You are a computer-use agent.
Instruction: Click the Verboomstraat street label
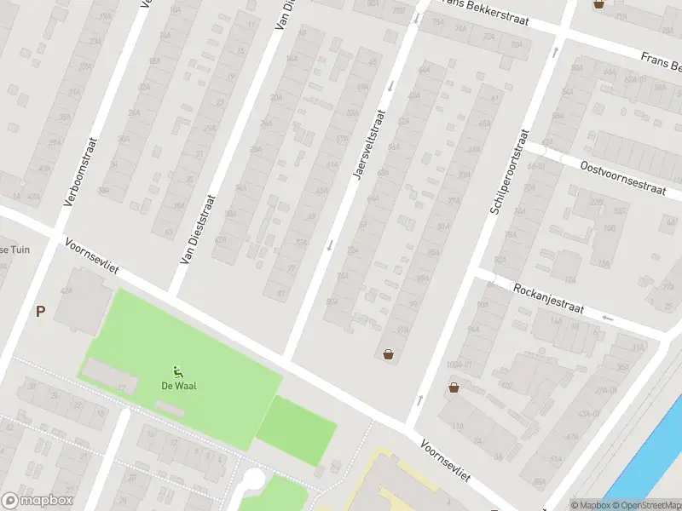(82, 173)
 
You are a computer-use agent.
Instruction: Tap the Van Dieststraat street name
(198, 228)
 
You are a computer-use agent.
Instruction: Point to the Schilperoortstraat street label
(510, 172)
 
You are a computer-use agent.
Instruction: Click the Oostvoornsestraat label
(621, 179)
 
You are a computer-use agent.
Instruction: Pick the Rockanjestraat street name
(548, 299)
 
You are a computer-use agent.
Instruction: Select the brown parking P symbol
(40, 312)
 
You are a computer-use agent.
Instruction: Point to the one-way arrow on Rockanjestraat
(607, 319)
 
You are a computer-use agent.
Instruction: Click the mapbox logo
(38, 501)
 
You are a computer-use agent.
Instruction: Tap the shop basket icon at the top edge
(599, 4)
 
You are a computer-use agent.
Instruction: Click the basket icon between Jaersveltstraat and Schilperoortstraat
(389, 354)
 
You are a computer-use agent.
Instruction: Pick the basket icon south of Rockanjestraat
(454, 388)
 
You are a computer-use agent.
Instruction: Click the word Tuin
(19, 250)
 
